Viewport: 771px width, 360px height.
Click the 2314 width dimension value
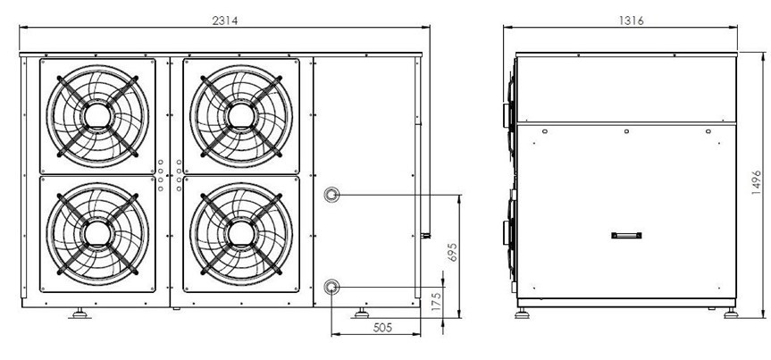point(225,21)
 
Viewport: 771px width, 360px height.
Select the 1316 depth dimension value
point(632,21)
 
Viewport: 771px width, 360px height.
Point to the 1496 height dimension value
point(757,182)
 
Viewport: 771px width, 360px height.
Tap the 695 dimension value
point(452,252)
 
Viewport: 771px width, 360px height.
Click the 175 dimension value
point(436,299)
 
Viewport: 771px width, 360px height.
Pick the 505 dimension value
point(382,328)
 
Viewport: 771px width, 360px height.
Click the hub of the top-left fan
point(97,116)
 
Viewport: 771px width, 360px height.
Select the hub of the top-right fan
point(241,116)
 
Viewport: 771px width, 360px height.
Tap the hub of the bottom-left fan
point(97,234)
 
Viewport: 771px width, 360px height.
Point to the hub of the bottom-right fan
point(241,234)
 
